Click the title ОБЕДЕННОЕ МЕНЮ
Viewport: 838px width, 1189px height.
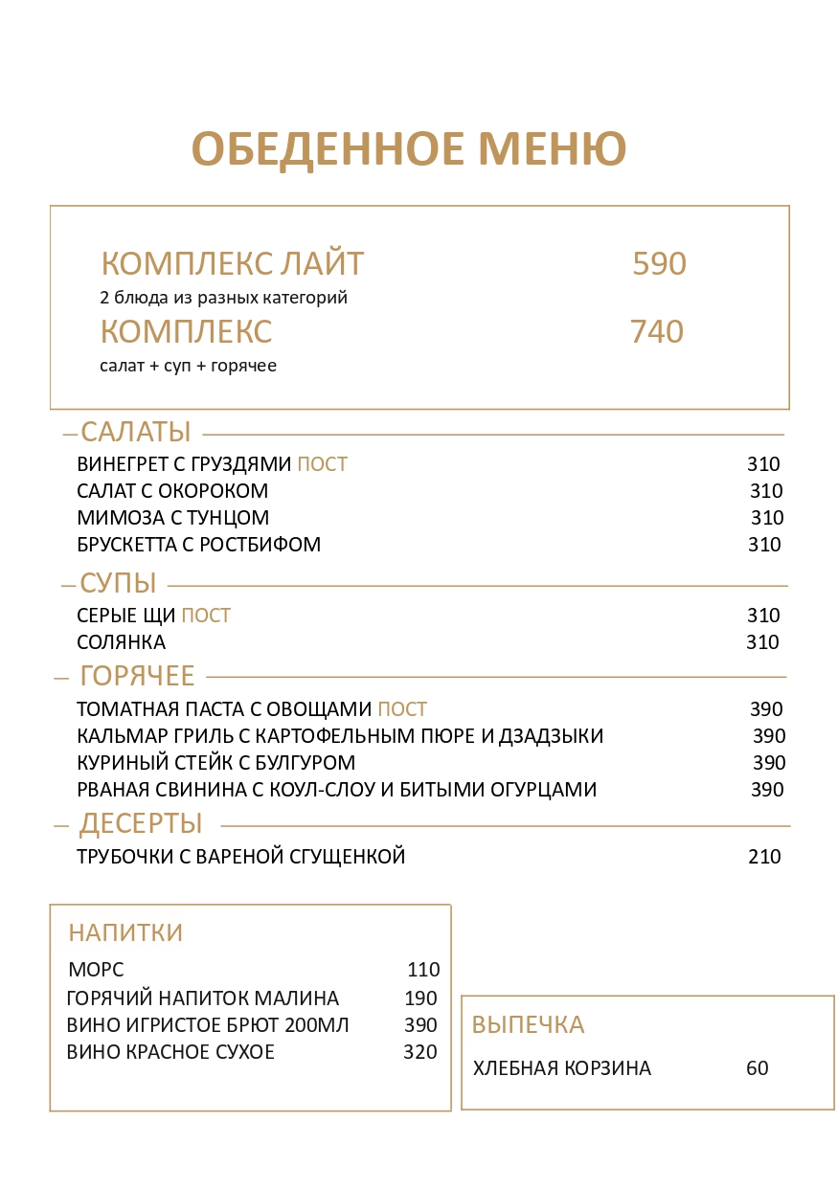(409, 149)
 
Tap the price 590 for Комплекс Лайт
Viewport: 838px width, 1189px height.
(659, 264)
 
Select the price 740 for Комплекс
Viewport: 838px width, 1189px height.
(656, 332)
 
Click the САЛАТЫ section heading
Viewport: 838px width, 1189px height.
(136, 432)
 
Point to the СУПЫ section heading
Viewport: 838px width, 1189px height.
(118, 582)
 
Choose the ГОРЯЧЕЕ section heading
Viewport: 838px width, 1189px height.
(137, 676)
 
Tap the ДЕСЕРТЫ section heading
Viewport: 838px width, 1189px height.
(141, 823)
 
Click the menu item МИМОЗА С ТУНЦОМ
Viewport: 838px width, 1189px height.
(172, 518)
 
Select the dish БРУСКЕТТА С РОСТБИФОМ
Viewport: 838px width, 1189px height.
(198, 545)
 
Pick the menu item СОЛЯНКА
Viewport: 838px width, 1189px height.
(121, 642)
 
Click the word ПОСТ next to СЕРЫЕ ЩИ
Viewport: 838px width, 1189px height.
(206, 616)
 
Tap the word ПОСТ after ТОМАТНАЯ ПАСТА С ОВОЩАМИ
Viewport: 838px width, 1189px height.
(402, 709)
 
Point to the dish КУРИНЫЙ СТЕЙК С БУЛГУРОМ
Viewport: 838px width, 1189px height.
(215, 763)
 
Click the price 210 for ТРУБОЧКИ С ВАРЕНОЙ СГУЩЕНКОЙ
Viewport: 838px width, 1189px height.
(764, 857)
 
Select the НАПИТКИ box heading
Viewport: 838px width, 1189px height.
(125, 932)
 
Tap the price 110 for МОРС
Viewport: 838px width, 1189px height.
(423, 969)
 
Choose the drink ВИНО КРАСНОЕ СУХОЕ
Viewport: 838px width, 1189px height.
(170, 1052)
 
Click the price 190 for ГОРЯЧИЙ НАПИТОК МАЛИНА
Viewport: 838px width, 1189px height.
(420, 998)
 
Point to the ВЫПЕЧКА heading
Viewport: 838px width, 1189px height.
(528, 1024)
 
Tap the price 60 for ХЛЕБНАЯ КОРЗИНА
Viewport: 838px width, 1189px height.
(757, 1068)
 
